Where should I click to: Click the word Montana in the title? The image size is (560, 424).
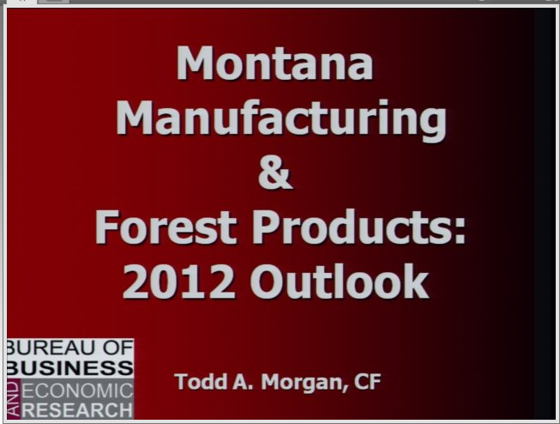[x=274, y=63]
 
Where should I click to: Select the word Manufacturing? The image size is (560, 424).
[x=281, y=120]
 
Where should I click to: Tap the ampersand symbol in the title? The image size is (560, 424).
[x=275, y=173]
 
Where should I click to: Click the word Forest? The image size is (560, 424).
[x=166, y=227]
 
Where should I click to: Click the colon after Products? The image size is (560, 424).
[x=459, y=232]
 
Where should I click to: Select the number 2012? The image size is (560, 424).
[x=178, y=282]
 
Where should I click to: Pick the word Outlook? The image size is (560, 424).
[x=340, y=281]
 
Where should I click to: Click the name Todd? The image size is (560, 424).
[x=201, y=381]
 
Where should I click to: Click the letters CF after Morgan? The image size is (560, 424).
[x=368, y=382]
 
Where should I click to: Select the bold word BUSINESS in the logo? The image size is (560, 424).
[x=70, y=368]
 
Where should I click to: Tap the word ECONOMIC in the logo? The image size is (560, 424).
[x=77, y=390]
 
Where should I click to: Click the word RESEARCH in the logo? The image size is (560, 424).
[x=77, y=410]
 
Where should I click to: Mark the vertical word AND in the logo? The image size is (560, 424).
[x=14, y=399]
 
